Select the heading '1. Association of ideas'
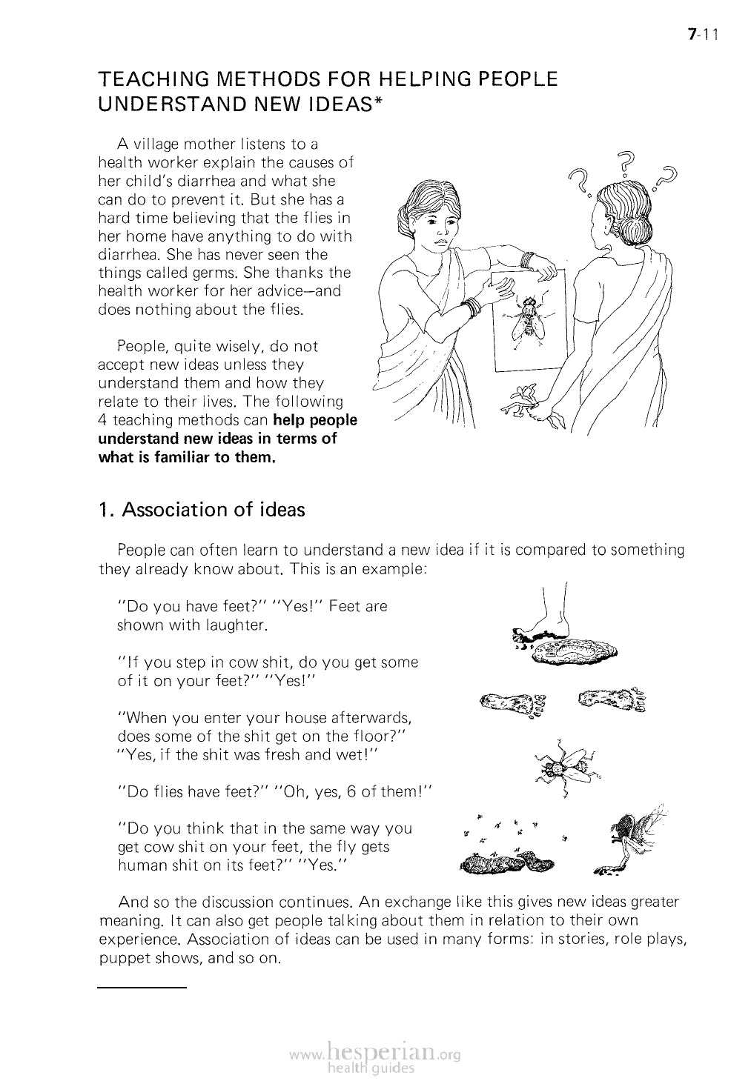(x=202, y=510)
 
